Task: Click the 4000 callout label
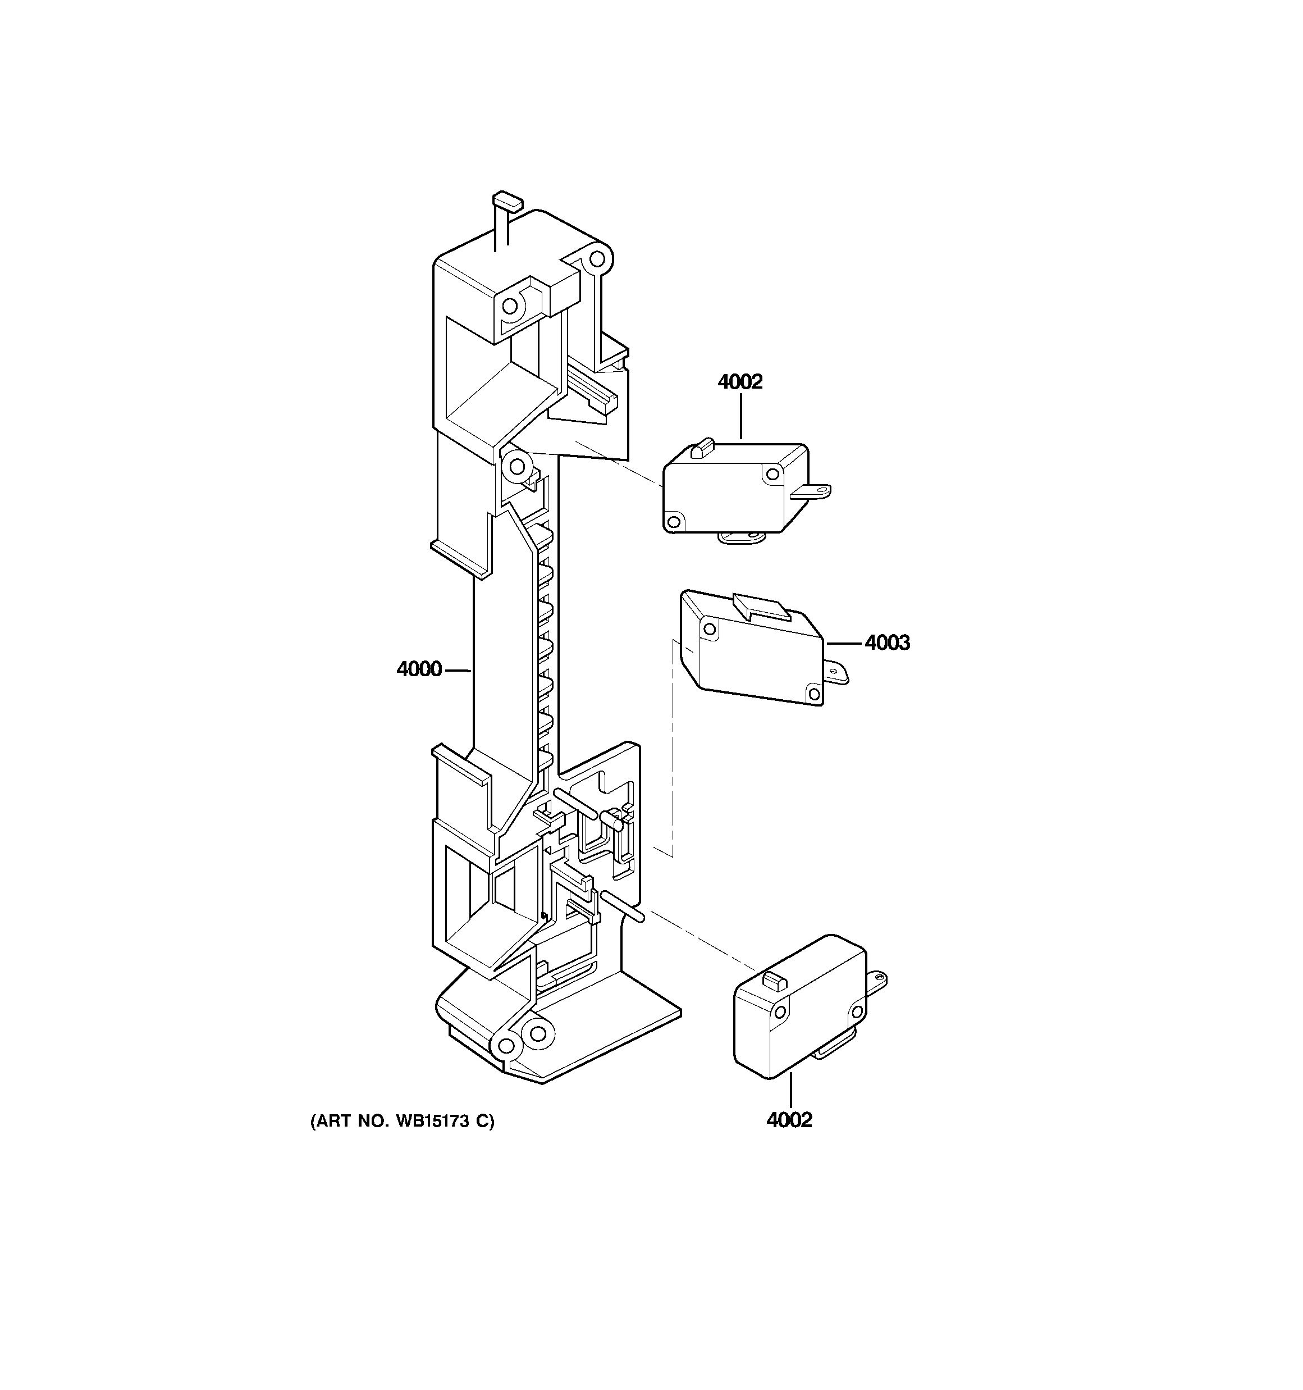[419, 670]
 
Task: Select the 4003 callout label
[887, 642]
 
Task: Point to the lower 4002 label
[789, 1120]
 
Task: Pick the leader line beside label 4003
[844, 642]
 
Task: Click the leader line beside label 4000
[458, 671]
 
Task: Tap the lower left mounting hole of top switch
[674, 521]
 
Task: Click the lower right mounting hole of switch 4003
[813, 694]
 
